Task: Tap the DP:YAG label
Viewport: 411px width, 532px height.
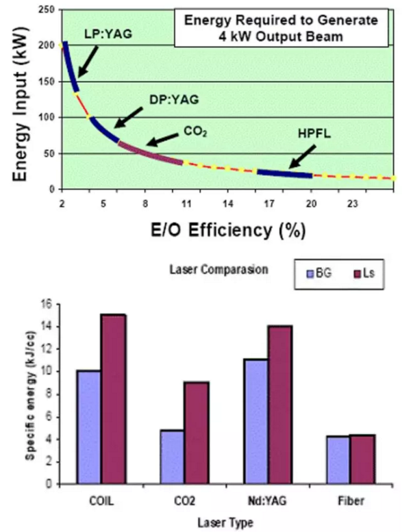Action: (174, 99)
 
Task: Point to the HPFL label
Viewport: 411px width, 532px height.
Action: (315, 135)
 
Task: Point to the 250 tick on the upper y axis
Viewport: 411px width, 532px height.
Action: (47, 10)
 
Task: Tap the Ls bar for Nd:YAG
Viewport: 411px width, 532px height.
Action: (279, 405)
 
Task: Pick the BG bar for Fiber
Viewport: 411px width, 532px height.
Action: (338, 459)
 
